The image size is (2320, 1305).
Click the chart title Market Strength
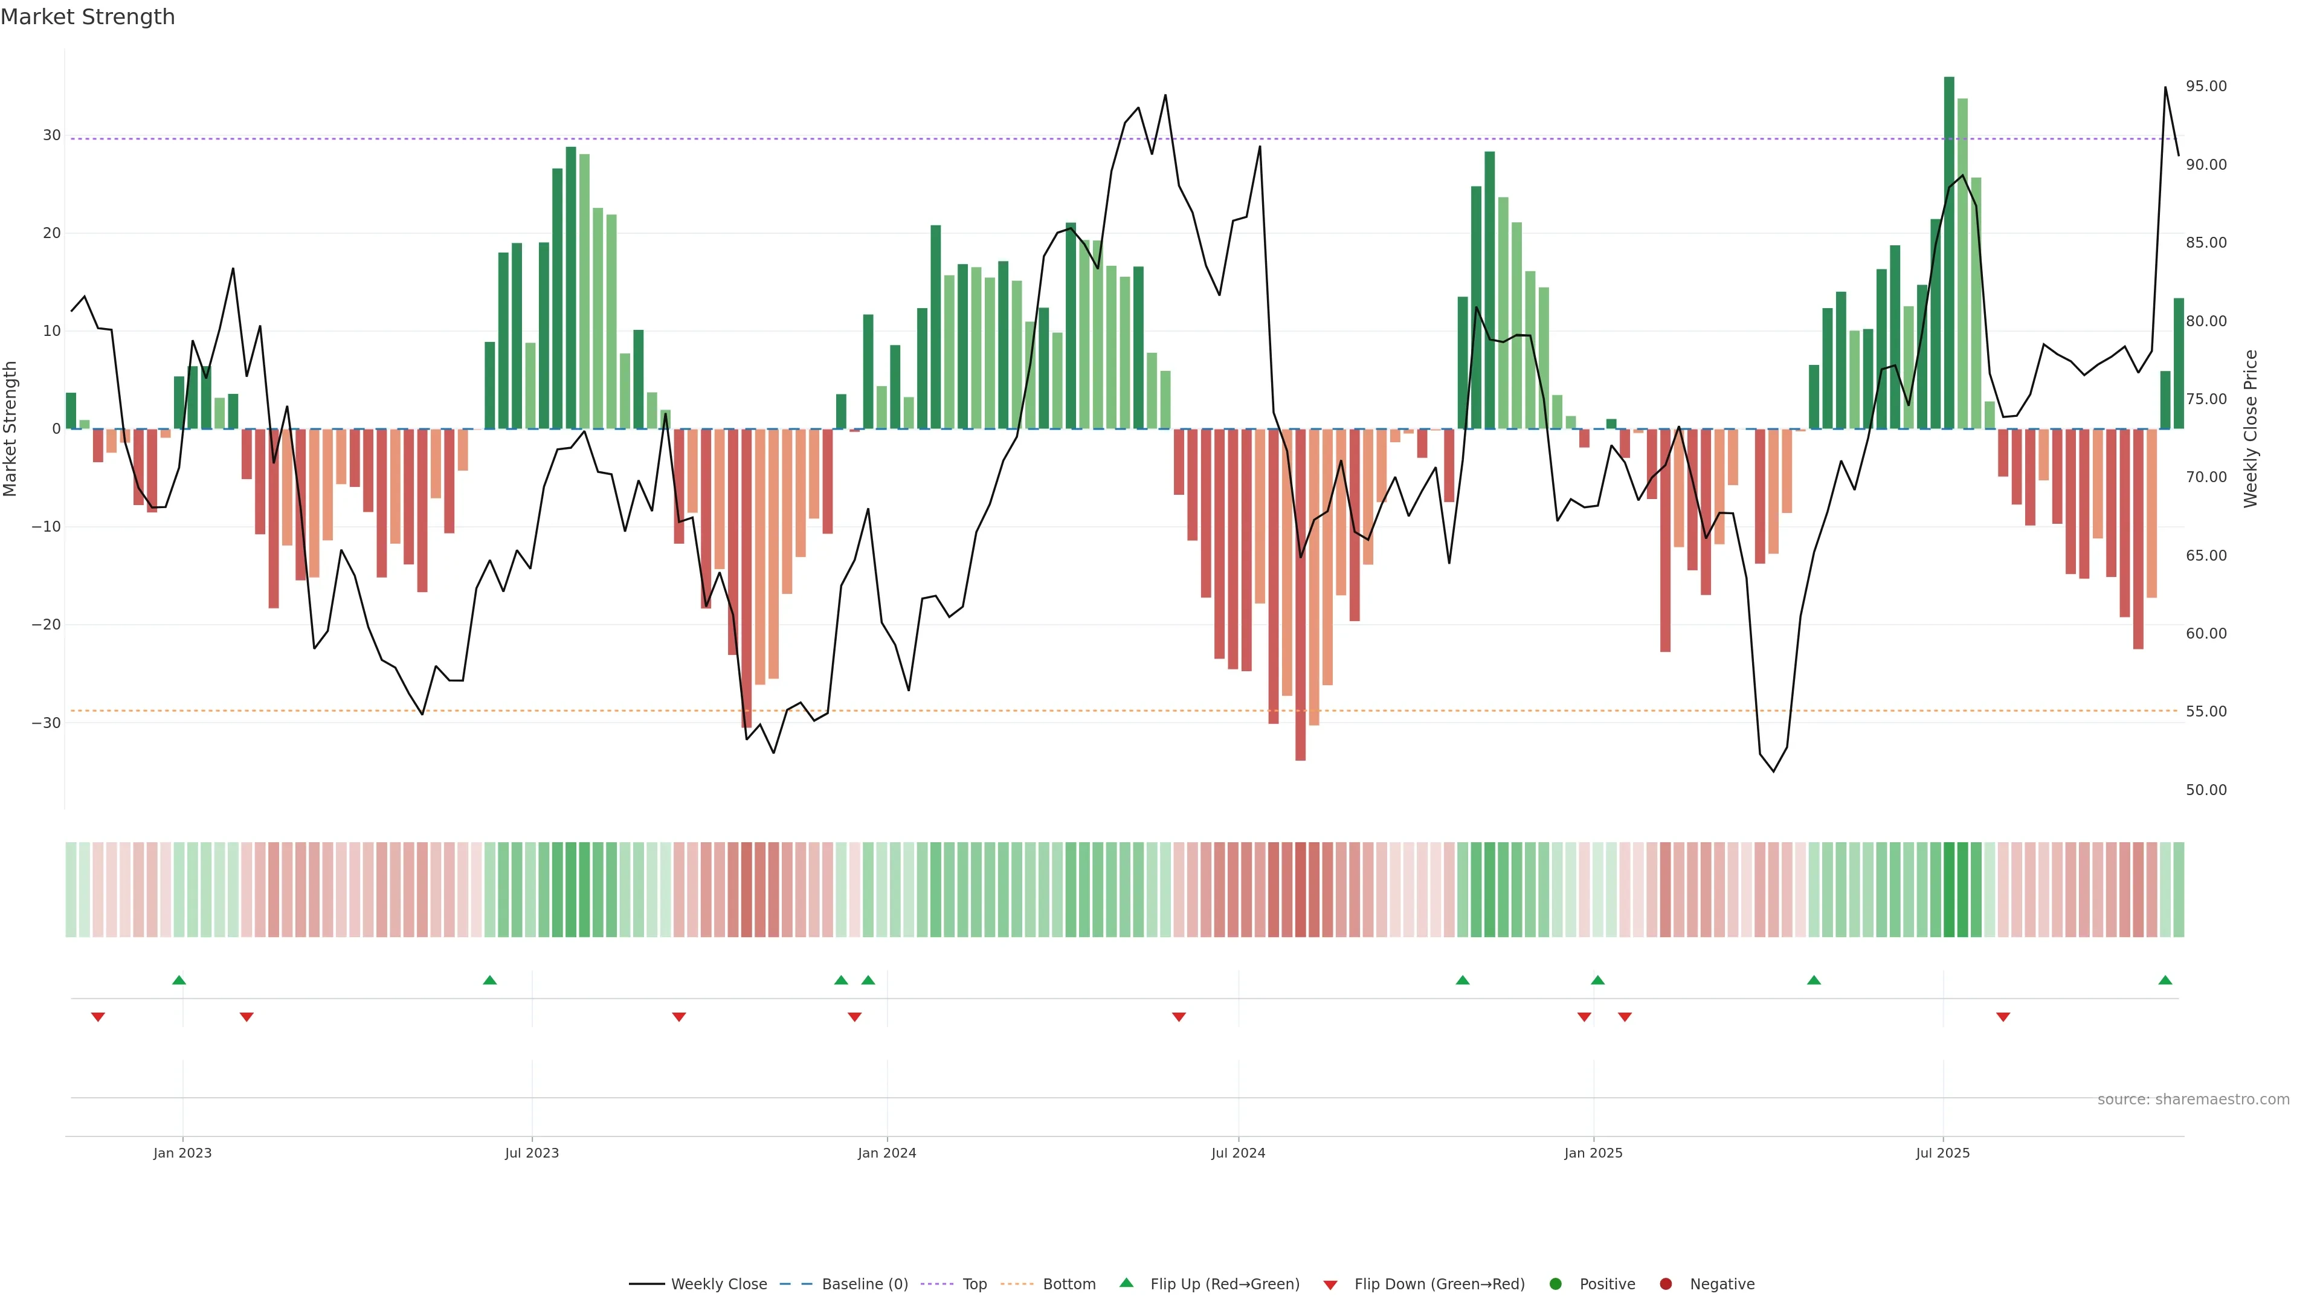pyautogui.click(x=88, y=17)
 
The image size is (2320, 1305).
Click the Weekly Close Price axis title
pyautogui.click(x=2251, y=429)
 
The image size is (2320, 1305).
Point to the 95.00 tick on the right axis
pyautogui.click(x=2206, y=86)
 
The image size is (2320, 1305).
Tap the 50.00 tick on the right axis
pyautogui.click(x=2206, y=790)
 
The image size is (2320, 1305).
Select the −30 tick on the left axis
pyautogui.click(x=46, y=723)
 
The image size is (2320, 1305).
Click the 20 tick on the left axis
pyautogui.click(x=51, y=233)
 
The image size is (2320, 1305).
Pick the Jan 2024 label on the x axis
pyautogui.click(x=886, y=1153)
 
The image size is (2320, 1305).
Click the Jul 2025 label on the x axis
pyautogui.click(x=1942, y=1153)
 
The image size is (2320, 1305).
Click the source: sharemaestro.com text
pyautogui.click(x=2193, y=1100)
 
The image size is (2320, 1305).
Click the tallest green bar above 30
pyautogui.click(x=1949, y=252)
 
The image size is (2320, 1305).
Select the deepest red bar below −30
pyautogui.click(x=1301, y=594)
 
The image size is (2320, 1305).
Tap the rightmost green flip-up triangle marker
pyautogui.click(x=2165, y=980)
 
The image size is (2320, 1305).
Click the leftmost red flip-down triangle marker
pyautogui.click(x=98, y=1017)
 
